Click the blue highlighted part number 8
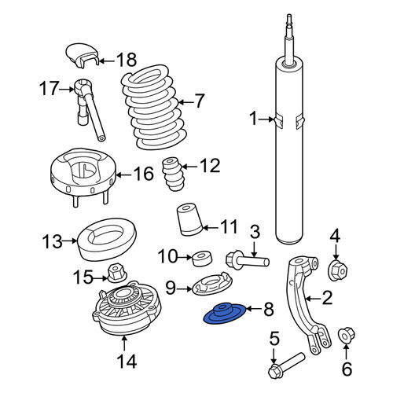point(224,314)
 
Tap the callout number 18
point(127,60)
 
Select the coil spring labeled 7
point(154,107)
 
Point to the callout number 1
point(253,119)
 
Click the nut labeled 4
point(338,270)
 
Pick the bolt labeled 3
point(248,260)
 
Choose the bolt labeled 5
point(287,363)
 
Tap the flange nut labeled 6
point(347,335)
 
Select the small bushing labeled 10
point(202,259)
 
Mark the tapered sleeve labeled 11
point(189,219)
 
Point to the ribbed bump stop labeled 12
point(172,174)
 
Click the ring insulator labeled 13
point(108,239)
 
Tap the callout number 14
point(127,362)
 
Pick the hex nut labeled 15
point(117,273)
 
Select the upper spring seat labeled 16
point(83,175)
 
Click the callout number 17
point(49,89)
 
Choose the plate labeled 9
point(212,284)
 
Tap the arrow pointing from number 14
point(124,343)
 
